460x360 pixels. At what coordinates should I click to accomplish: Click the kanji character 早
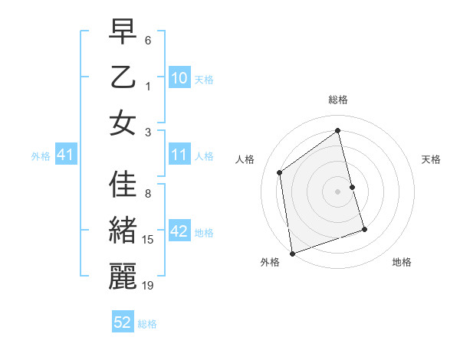(123, 33)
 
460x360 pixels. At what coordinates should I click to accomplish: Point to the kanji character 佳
(123, 185)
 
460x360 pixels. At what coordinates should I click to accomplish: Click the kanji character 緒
(123, 231)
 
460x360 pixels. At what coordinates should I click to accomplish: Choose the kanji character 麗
(123, 277)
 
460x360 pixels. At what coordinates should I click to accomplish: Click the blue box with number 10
(179, 79)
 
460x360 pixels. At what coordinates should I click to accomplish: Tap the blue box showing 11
(179, 155)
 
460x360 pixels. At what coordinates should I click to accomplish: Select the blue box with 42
(179, 232)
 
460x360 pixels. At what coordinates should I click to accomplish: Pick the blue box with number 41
(65, 155)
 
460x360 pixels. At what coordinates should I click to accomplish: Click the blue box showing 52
(123, 322)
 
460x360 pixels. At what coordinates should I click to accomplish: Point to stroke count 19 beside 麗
(148, 286)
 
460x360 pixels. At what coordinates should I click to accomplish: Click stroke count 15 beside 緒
(148, 240)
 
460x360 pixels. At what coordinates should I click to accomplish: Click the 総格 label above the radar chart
(337, 100)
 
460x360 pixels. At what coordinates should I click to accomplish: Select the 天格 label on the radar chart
(432, 159)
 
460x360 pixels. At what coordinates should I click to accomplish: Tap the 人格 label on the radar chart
(245, 159)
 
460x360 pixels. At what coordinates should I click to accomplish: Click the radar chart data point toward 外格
(292, 252)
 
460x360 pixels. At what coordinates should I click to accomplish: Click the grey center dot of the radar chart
(337, 191)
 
